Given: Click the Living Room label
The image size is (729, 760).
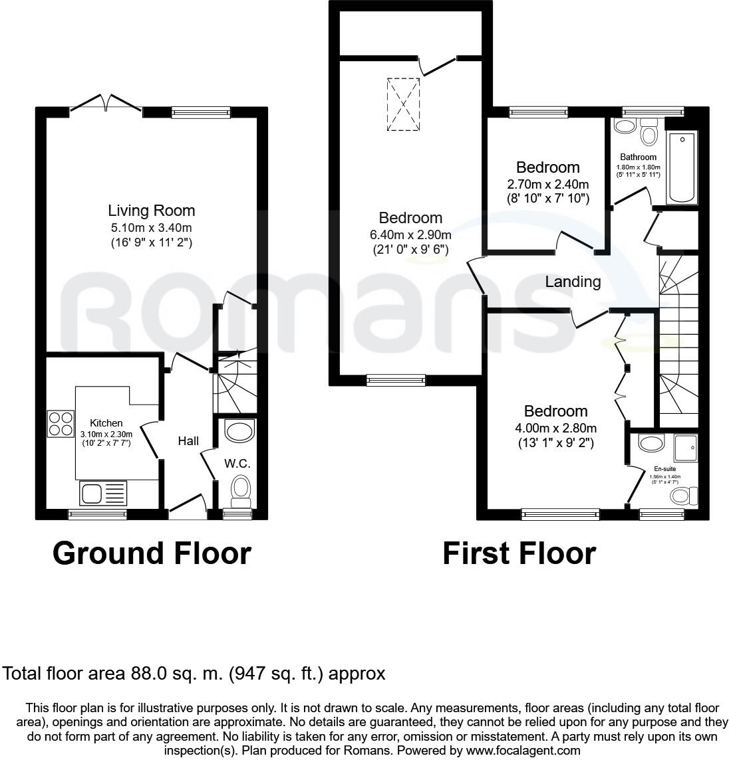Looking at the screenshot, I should click(152, 211).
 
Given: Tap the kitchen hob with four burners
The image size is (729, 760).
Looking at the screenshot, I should click(61, 424).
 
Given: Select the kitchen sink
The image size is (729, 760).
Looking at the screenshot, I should click(100, 493).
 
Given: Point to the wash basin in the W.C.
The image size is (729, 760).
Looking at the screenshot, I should click(239, 432).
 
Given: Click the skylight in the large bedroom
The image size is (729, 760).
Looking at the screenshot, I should click(404, 104).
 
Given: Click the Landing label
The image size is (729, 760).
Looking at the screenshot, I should click(573, 282).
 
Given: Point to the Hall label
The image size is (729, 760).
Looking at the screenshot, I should click(188, 440).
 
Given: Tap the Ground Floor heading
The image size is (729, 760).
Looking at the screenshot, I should click(152, 553).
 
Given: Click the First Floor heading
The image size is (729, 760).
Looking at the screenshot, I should click(519, 553).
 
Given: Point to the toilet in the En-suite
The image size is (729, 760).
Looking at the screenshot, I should click(683, 496).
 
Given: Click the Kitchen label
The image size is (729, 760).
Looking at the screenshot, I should click(106, 423).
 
